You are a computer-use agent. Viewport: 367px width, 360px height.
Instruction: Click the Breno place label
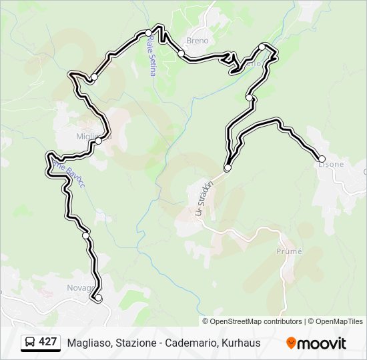point(198,41)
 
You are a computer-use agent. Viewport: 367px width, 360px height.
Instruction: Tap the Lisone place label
point(331,165)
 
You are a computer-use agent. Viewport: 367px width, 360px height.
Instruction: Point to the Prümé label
point(289,251)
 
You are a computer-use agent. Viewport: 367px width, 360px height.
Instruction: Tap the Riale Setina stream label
point(151,56)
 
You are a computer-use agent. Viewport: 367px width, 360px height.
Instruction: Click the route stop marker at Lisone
point(322,159)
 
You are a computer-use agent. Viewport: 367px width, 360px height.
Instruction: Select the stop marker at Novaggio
point(98,298)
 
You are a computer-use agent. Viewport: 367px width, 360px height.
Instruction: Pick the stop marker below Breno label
point(181,53)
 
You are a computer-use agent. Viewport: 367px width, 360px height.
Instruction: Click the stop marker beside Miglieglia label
point(98,141)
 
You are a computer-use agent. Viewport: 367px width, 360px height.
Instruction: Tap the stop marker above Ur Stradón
point(228,168)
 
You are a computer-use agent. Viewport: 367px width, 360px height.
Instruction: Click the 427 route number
point(47,342)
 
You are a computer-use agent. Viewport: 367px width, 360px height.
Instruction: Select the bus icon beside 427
point(30,343)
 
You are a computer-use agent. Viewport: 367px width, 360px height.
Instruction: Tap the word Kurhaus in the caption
point(240,343)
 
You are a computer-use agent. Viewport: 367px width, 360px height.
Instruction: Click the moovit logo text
point(322,343)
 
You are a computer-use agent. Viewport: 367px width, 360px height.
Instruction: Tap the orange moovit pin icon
point(292,343)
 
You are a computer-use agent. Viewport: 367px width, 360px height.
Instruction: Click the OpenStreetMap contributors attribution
point(256,321)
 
